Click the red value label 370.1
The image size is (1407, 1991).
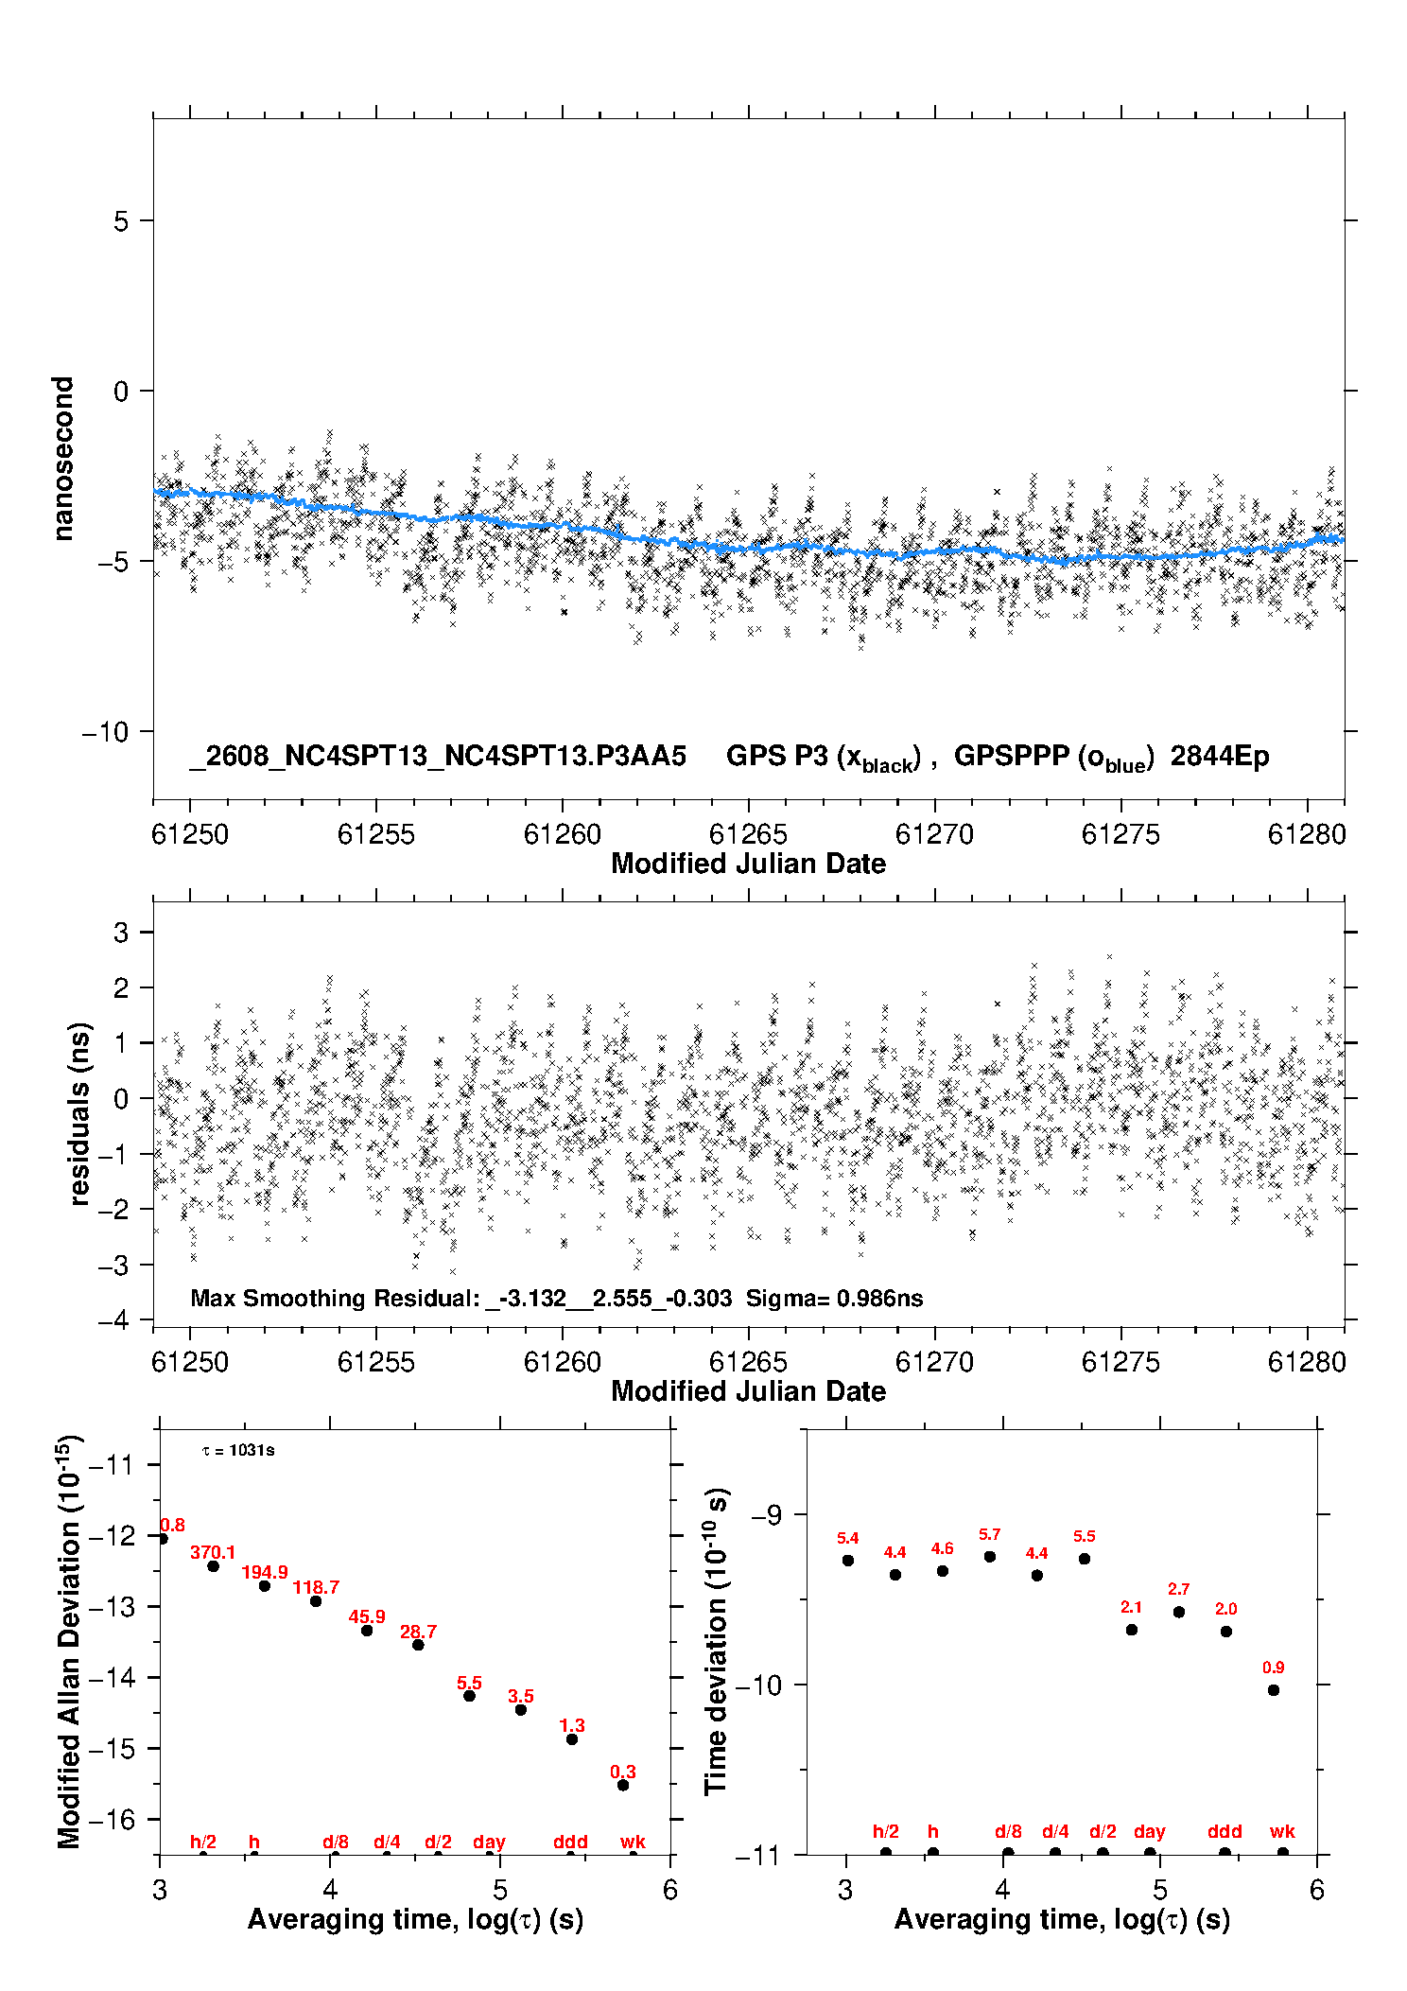pyautogui.click(x=213, y=1552)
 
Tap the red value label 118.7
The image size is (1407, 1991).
pyautogui.click(x=316, y=1587)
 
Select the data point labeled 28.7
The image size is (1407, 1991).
pyautogui.click(x=418, y=1645)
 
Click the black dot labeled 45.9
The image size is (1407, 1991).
pyautogui.click(x=367, y=1631)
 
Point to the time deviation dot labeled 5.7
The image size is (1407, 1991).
pyautogui.click(x=990, y=1557)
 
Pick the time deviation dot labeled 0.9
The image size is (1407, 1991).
pyautogui.click(x=1274, y=1690)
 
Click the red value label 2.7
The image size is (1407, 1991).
pyautogui.click(x=1178, y=1589)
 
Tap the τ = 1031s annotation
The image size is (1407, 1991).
pyautogui.click(x=238, y=1451)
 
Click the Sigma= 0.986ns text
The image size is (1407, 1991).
pyautogui.click(x=834, y=1298)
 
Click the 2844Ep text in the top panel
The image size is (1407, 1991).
pyautogui.click(x=1220, y=757)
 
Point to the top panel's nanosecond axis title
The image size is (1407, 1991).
pyautogui.click(x=62, y=459)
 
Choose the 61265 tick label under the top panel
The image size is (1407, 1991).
pyautogui.click(x=748, y=834)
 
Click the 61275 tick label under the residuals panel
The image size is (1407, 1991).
pyautogui.click(x=1120, y=1362)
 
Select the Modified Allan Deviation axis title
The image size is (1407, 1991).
pyautogui.click(x=69, y=1642)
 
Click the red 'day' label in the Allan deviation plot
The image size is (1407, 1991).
pyautogui.click(x=489, y=1843)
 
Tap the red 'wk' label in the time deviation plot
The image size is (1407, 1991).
pyautogui.click(x=1282, y=1832)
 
